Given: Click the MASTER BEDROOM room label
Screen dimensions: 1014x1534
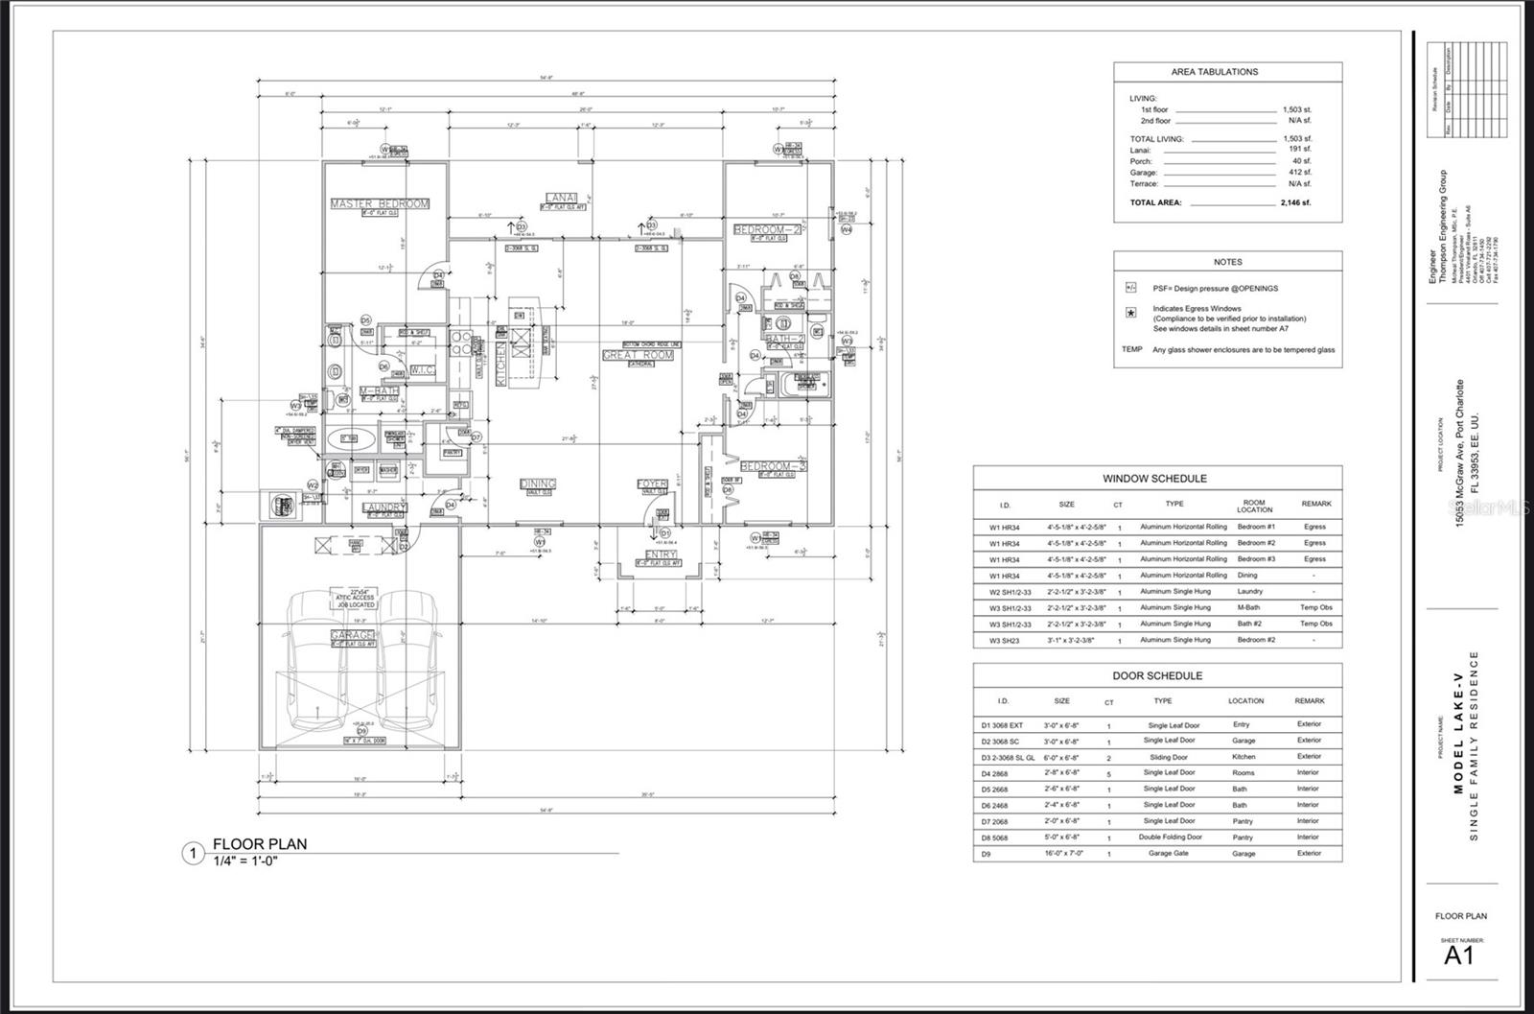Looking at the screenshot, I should coord(380,203).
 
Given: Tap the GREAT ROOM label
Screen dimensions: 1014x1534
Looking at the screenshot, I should coord(638,355).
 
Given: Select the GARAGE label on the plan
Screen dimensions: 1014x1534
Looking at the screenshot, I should coord(353,635).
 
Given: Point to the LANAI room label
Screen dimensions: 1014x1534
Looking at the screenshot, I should coord(561,198).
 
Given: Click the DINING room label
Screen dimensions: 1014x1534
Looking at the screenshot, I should coord(537,484).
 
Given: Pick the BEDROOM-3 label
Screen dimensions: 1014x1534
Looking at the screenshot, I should coord(774,466).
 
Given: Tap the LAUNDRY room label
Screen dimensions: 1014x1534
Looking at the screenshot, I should coord(384,507).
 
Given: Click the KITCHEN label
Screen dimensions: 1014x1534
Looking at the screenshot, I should coord(500,366).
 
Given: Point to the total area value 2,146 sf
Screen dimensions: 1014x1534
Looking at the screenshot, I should coord(1295,203).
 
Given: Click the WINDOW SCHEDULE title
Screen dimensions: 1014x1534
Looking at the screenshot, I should coord(1154,479).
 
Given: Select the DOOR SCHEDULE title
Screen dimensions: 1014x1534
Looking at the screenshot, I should coord(1157,675).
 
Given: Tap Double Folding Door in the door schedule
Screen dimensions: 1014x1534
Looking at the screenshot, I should coord(1172,837).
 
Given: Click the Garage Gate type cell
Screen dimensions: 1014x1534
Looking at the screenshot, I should coord(1168,853).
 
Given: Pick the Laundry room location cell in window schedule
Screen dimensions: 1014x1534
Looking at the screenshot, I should coord(1249,591).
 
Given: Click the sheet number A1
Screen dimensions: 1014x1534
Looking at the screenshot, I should coord(1459,955).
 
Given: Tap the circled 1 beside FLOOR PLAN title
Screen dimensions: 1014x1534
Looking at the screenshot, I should coord(193,853).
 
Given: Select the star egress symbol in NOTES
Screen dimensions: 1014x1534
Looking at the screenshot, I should coord(1131,314).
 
